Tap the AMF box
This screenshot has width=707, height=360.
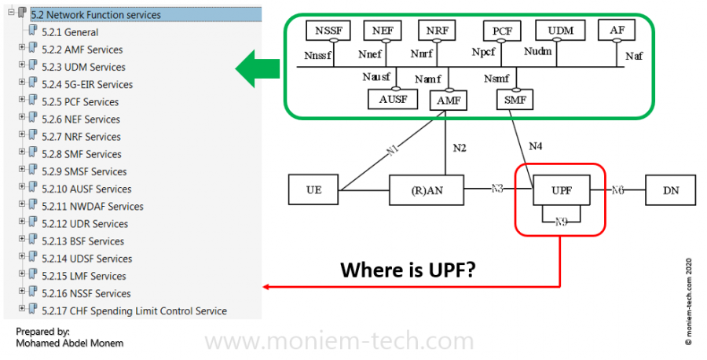pyautogui.click(x=447, y=100)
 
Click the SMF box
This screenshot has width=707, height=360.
pyautogui.click(x=515, y=100)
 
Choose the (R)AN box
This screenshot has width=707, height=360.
pyautogui.click(x=425, y=189)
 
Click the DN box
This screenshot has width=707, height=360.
pyautogui.click(x=669, y=189)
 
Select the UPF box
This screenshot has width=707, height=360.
pyautogui.click(x=560, y=189)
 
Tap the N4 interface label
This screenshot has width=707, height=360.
pyautogui.click(x=535, y=146)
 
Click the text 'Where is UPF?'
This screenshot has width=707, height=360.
pyautogui.click(x=408, y=271)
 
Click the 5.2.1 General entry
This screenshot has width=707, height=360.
pyautogui.click(x=71, y=32)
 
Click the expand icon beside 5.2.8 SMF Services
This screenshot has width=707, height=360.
pyautogui.click(x=22, y=154)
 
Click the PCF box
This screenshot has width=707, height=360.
pyautogui.click(x=502, y=31)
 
